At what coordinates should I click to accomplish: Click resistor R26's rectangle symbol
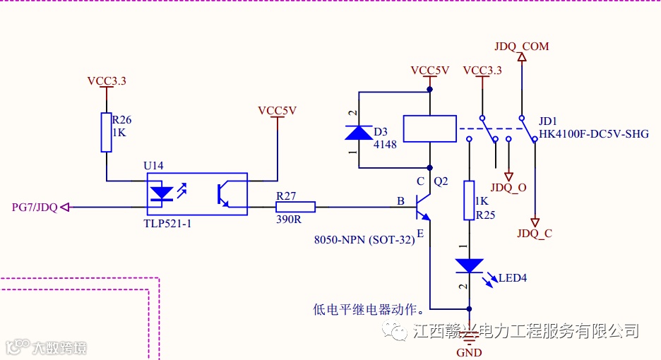[106, 132]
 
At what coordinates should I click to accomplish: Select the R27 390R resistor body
[295, 208]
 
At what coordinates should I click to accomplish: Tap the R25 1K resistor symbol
[468, 200]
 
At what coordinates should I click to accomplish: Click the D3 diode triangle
[359, 133]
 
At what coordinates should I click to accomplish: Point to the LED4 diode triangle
[468, 266]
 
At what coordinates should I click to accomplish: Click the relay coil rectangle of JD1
[429, 129]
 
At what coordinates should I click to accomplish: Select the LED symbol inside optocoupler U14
[162, 193]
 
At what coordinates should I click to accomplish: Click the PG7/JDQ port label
[35, 208]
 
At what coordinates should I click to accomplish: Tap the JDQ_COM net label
[522, 47]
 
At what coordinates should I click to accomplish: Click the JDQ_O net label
[508, 188]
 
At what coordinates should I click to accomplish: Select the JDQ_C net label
[535, 234]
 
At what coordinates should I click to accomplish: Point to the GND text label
[469, 352]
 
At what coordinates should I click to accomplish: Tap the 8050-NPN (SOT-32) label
[364, 239]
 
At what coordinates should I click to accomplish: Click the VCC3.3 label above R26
[107, 81]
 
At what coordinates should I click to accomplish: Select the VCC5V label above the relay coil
[430, 71]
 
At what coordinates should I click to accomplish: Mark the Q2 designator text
[441, 181]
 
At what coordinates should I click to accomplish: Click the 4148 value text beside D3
[386, 144]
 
